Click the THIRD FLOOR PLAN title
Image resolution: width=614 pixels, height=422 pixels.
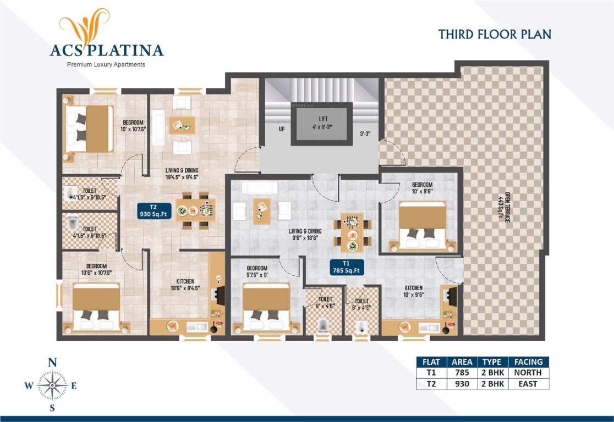[x=494, y=34]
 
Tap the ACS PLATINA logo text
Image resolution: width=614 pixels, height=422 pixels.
[x=106, y=51]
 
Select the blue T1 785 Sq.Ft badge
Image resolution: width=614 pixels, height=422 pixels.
[x=346, y=266]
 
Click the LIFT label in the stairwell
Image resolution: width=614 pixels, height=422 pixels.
[x=320, y=123]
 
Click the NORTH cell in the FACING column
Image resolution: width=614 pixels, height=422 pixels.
[x=528, y=373]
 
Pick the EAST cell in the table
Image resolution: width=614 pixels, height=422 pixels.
[x=528, y=384]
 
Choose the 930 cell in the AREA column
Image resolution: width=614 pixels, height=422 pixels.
[x=462, y=384]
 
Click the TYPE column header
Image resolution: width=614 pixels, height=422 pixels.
[x=491, y=362]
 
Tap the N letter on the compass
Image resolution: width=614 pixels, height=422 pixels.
[x=52, y=362]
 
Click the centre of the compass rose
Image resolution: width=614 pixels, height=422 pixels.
[x=52, y=386]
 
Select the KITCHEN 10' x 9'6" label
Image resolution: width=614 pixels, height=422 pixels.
[x=414, y=291]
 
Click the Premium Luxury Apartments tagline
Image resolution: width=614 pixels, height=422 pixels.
[x=106, y=65]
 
